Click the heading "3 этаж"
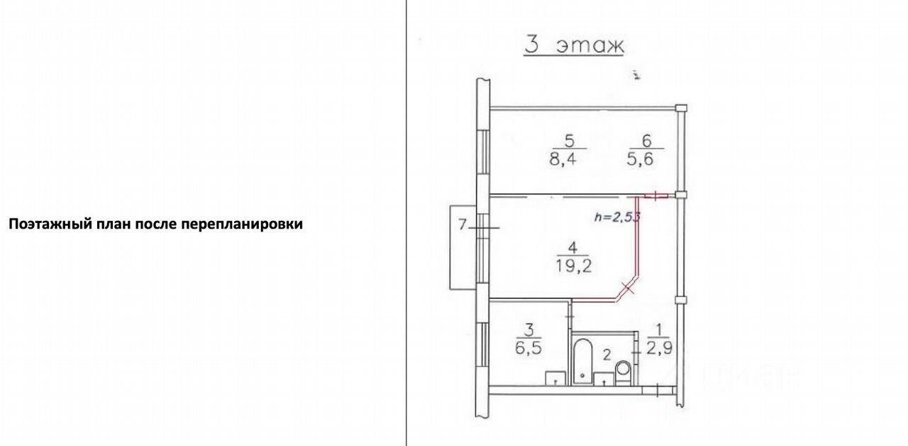pos(573,45)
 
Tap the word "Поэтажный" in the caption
pos(43,224)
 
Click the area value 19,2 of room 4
pos(572,267)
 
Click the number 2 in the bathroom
pos(607,354)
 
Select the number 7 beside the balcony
pos(462,226)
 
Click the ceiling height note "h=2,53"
pos(617,218)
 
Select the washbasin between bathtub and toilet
pos(603,378)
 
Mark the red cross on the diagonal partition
pos(626,288)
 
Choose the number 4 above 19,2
pos(572,249)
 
